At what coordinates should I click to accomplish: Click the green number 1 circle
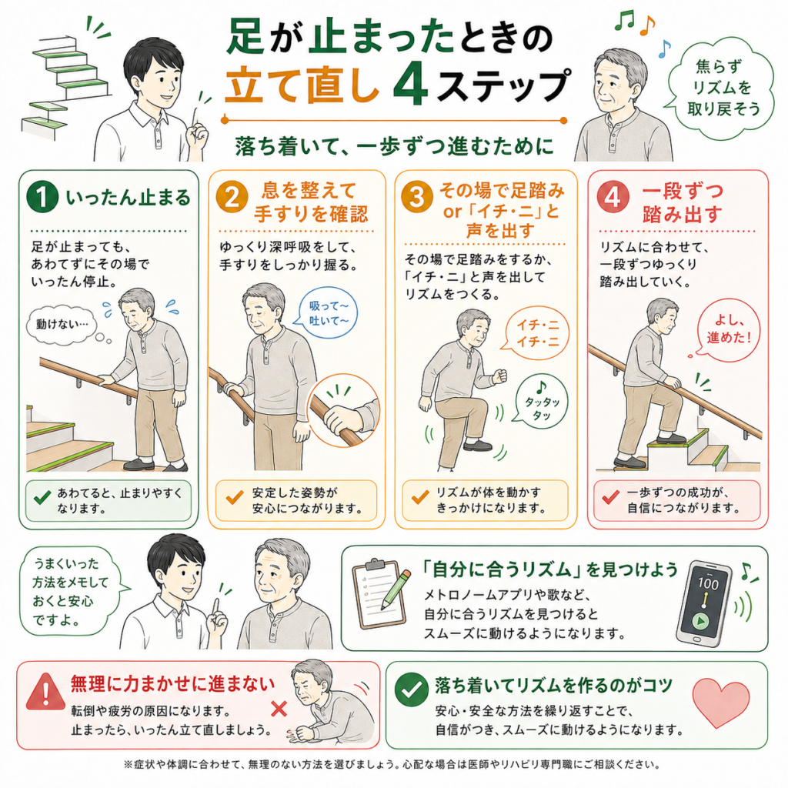43,196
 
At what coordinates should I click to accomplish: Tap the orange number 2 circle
232,198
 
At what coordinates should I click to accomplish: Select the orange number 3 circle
417,196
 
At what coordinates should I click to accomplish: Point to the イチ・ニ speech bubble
536,332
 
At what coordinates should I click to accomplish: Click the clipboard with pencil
380,593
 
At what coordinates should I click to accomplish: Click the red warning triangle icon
45,693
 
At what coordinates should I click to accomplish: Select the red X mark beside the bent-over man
279,709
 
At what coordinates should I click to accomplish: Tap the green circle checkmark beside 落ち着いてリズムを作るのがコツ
412,690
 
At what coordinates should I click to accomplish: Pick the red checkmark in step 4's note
610,498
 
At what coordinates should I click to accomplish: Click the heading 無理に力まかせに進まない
173,683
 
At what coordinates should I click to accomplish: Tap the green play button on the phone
700,622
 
